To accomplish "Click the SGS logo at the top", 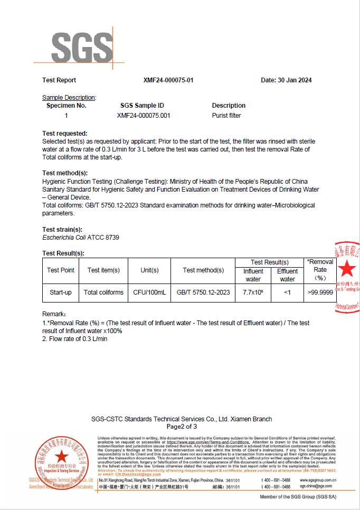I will click(82, 48).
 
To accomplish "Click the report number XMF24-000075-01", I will click(168, 80).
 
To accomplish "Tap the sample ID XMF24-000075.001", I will click(144, 115).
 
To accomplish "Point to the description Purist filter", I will click(226, 115).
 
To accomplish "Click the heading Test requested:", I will click(65, 134).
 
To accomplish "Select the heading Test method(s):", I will click(65, 173).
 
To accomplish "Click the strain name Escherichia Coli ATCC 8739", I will click(81, 238).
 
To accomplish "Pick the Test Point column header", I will click(61, 270).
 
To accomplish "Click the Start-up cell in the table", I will click(61, 292).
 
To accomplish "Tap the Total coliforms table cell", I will click(103, 292).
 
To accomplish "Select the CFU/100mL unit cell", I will click(149, 292).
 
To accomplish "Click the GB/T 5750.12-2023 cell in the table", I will click(203, 292).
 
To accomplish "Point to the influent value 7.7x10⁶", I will click(253, 292).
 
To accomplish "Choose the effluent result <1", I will click(287, 292).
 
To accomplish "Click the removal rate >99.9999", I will click(320, 292).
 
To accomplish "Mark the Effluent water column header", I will click(287, 275).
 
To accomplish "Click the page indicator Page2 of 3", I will click(182, 427).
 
